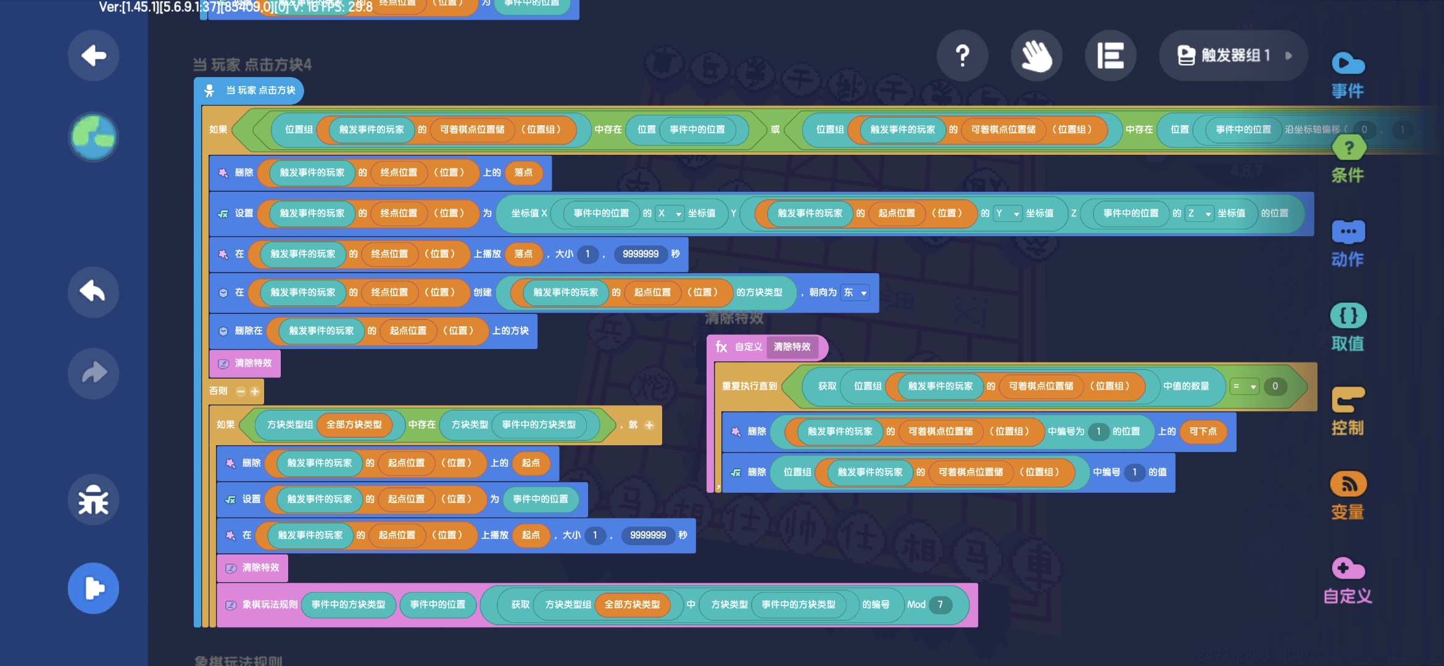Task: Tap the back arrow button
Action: click(93, 55)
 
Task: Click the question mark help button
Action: click(962, 55)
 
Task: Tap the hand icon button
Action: click(1036, 55)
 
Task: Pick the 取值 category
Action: click(1348, 327)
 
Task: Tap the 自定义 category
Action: click(1348, 580)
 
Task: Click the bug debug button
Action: click(93, 499)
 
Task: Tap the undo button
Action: click(93, 292)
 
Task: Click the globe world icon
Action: click(93, 136)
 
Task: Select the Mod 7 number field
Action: click(940, 604)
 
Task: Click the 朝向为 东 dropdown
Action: click(855, 292)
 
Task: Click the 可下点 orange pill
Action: click(1203, 432)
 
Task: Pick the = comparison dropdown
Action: click(1243, 387)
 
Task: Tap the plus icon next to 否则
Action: click(255, 391)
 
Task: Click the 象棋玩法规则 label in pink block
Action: click(270, 604)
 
